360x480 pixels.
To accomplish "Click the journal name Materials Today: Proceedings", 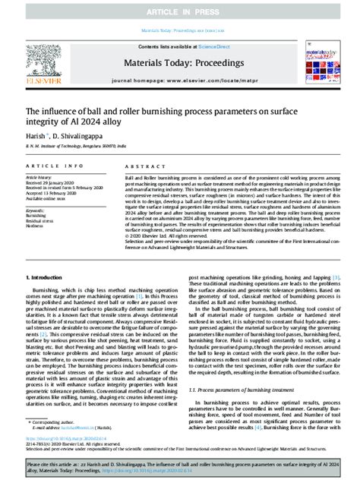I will (178, 64).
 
